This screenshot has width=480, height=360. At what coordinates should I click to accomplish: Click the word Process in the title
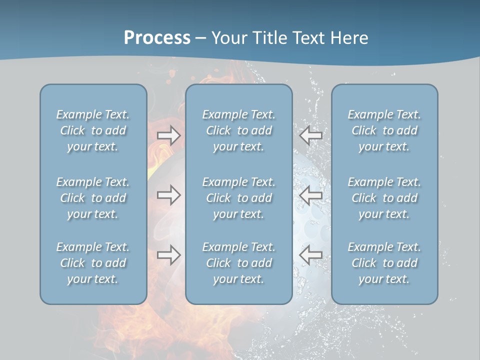click(157, 38)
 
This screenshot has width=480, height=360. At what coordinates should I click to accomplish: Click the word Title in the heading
click(270, 38)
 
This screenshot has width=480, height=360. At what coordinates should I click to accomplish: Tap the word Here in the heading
click(349, 38)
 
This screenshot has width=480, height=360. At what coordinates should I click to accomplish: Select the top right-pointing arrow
click(169, 135)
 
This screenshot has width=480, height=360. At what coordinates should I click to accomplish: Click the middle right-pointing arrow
click(169, 195)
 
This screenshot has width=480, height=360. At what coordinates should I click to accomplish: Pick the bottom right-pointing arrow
click(169, 255)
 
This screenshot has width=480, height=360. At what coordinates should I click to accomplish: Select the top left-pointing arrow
click(310, 135)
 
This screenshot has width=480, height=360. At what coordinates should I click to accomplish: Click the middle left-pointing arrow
click(310, 195)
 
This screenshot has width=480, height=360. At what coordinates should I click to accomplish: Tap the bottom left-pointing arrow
click(310, 255)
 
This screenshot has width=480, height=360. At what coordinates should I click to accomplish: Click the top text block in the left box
click(93, 130)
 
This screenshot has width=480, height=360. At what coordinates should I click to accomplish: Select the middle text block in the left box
click(93, 198)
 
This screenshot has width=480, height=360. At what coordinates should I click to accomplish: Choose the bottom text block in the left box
click(93, 263)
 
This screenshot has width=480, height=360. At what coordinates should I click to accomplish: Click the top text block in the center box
click(238, 130)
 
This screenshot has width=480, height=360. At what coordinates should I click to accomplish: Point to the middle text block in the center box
click(238, 198)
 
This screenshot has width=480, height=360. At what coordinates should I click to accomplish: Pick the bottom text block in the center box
click(238, 263)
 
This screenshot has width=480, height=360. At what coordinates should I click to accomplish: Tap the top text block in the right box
click(384, 130)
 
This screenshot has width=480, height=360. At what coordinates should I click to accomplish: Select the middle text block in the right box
click(384, 198)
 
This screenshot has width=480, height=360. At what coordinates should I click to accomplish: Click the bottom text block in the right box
click(384, 263)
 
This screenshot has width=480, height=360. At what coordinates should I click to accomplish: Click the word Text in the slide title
click(310, 38)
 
